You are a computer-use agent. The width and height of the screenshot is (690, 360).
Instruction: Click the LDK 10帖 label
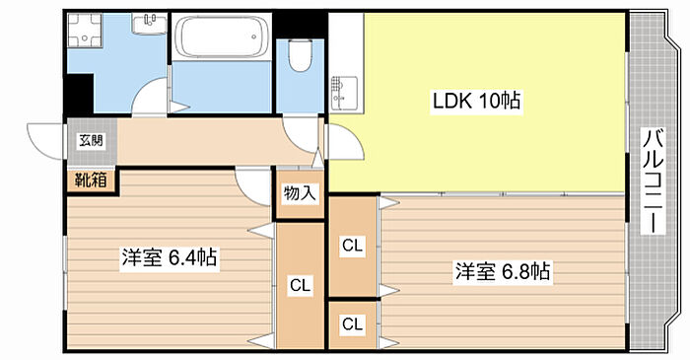pos(476,102)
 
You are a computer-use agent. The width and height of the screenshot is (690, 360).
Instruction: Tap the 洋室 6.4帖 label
pos(170,257)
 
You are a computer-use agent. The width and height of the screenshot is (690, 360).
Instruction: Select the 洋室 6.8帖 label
pos(503,271)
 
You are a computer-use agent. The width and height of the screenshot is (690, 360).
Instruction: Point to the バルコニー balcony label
pos(654,180)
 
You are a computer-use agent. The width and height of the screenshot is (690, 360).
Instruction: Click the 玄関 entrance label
pos(91,140)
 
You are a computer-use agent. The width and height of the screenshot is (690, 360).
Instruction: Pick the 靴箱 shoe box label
pos(91,180)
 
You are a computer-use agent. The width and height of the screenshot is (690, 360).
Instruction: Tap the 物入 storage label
pos(300,193)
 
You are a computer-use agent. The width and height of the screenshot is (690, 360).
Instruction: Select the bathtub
pos(222,36)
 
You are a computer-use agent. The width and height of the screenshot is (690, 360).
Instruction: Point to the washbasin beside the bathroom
pos(149,23)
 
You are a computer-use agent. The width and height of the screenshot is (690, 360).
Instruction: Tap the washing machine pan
pos(85,30)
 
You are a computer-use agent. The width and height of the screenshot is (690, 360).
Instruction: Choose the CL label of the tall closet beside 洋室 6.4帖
pos(300,286)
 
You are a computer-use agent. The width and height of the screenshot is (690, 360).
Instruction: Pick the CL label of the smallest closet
pos(352,324)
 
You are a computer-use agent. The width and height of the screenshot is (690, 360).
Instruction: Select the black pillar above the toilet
pos(300,26)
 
